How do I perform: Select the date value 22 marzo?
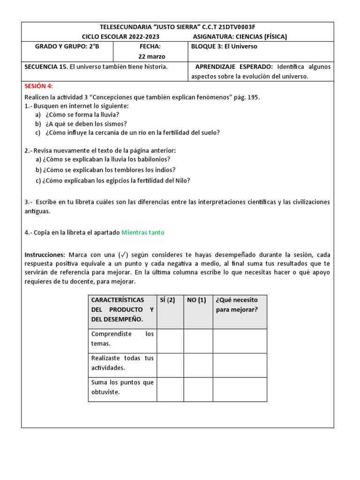[x=150, y=56]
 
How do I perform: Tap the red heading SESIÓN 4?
[x=38, y=86]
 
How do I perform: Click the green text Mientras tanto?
[x=142, y=232]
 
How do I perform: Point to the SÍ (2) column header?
[x=167, y=300]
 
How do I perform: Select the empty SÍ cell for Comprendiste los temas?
[x=170, y=341]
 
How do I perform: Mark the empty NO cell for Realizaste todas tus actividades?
[x=198, y=365]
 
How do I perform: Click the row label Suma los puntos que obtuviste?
[x=122, y=387]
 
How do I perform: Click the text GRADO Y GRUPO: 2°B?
[x=67, y=47]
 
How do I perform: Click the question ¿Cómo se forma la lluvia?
[x=82, y=115]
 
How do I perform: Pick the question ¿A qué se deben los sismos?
[x=86, y=124]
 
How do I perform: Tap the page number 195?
[x=252, y=97]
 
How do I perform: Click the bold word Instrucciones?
[x=45, y=255]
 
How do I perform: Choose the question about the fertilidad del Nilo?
[x=112, y=180]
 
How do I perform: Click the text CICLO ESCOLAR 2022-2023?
[x=120, y=37]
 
